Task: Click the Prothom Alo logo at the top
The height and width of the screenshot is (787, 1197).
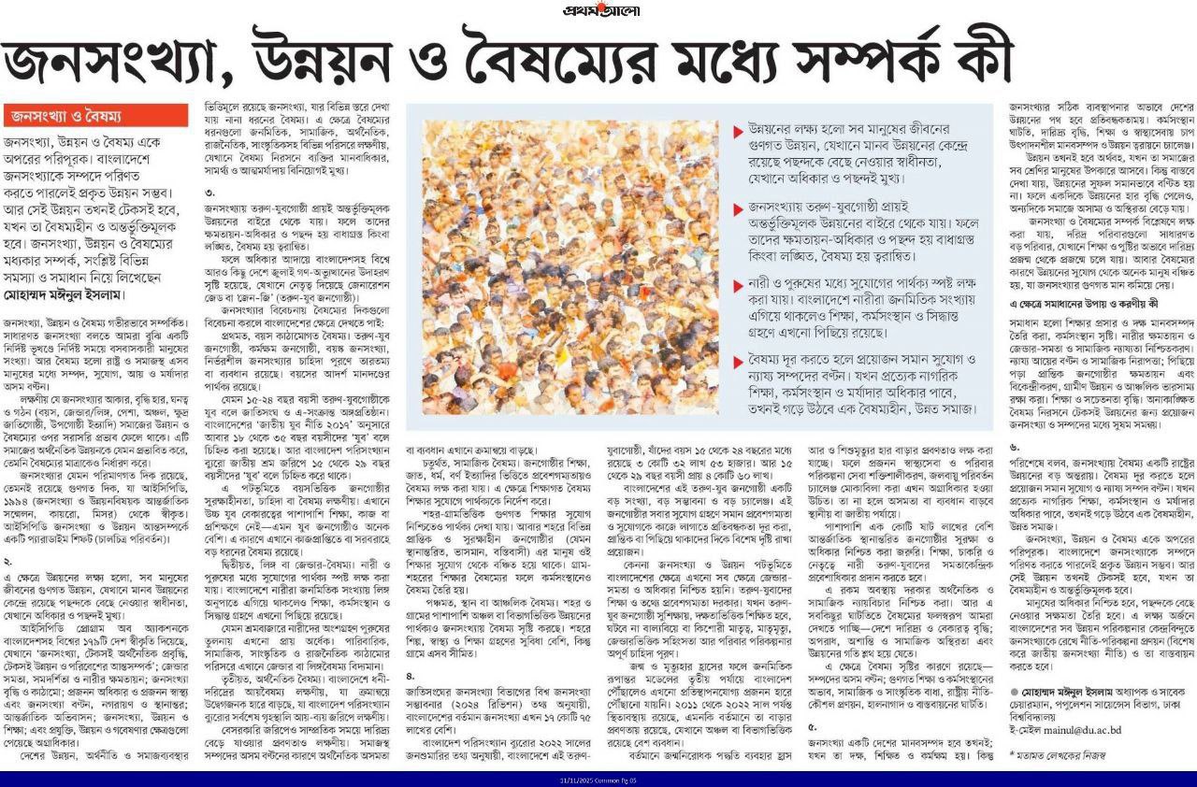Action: coord(598,10)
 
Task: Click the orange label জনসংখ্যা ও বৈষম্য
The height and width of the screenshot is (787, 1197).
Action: coord(65,116)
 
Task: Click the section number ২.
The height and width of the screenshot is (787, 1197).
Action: coord(7,536)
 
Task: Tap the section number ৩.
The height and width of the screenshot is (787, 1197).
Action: coord(209,193)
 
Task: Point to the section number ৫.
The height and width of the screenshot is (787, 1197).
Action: coord(812,725)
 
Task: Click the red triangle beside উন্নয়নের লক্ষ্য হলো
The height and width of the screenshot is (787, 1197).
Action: coord(739,128)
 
